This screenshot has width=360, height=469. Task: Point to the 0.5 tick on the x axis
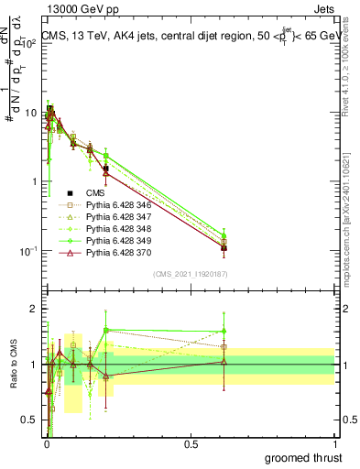point(191,442)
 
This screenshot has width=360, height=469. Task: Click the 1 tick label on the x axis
point(334,442)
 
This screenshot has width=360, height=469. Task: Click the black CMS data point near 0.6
point(224,247)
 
